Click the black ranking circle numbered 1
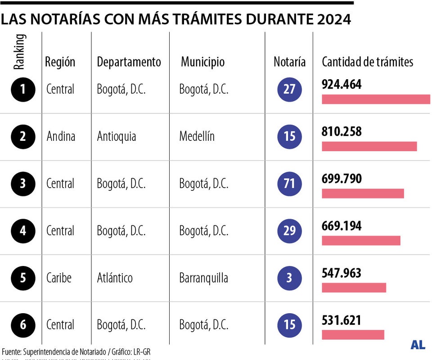click(x=22, y=90)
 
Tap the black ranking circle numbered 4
click(x=22, y=231)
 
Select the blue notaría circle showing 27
click(x=289, y=89)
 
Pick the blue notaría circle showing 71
click(x=289, y=184)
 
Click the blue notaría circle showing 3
click(x=289, y=278)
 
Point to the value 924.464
click(x=342, y=84)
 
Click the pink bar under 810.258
click(x=369, y=146)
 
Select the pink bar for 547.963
click(x=354, y=288)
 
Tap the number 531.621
click(x=342, y=320)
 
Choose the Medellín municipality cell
click(x=197, y=136)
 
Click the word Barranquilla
click(x=203, y=278)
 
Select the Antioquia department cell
click(x=116, y=136)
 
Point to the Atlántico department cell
click(x=115, y=278)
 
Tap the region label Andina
click(x=61, y=136)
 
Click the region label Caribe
click(x=59, y=278)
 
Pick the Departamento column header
click(x=129, y=62)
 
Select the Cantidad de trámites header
click(x=367, y=62)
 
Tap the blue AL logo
click(x=418, y=345)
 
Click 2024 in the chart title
click(x=333, y=19)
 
